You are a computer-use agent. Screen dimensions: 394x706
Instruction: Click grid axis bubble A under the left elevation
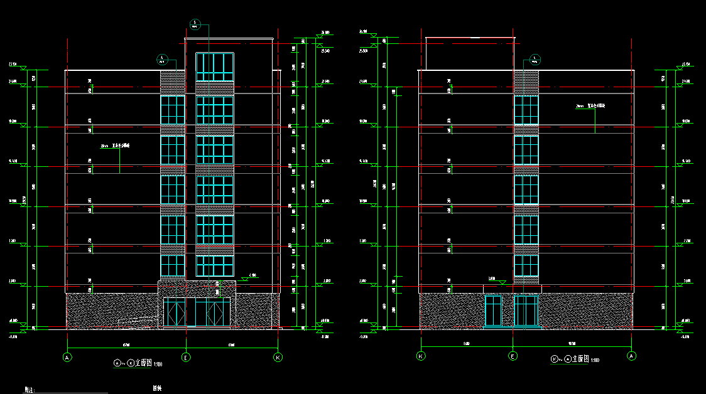tap(67, 357)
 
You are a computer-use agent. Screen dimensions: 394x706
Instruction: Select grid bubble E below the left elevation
tap(185, 357)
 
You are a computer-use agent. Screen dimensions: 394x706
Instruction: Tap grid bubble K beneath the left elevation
tap(278, 357)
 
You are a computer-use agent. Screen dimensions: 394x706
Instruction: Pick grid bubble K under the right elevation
tap(421, 356)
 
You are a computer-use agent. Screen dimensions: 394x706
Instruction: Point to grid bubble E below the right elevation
tap(513, 356)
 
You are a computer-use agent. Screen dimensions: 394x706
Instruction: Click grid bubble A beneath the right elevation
tap(631, 356)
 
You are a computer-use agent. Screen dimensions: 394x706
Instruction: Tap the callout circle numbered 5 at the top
tap(195, 24)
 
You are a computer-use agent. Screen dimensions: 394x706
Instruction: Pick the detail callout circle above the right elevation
tap(535, 60)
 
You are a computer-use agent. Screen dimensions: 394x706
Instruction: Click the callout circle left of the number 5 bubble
tap(161, 60)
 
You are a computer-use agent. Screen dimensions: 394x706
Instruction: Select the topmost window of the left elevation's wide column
tap(214, 67)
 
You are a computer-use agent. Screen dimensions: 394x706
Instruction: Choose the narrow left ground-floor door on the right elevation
tap(493, 311)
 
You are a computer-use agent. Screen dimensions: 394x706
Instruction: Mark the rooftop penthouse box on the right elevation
tap(470, 53)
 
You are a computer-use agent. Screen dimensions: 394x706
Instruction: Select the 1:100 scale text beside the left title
tap(158, 363)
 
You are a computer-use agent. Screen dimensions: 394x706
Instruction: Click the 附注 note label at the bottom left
tap(28, 390)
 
